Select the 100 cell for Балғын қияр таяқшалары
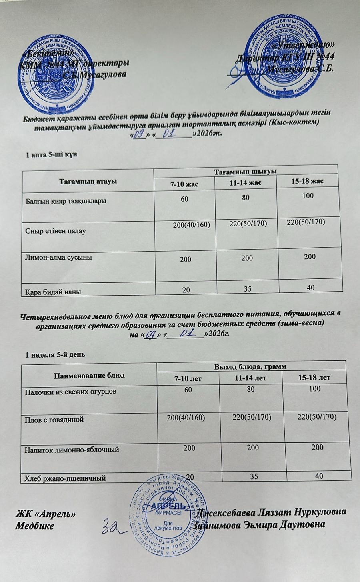pyautogui.click(x=308, y=196)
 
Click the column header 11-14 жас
pyautogui.click(x=246, y=183)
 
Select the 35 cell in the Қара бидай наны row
pyautogui.click(x=248, y=288)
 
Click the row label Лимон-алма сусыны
pyautogui.click(x=59, y=257)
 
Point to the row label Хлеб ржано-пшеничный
pyautogui.click(x=65, y=477)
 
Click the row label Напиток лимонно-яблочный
pyautogui.click(x=72, y=449)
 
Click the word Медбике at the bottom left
pyautogui.click(x=34, y=525)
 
